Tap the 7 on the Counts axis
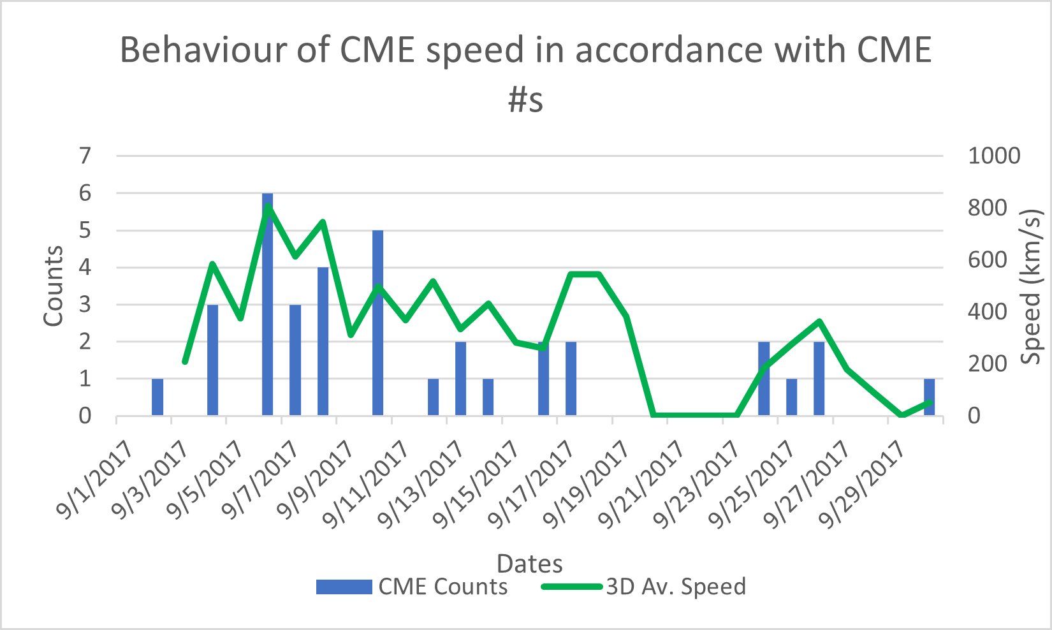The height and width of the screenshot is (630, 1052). pos(85,156)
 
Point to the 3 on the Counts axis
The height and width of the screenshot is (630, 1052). pos(85,304)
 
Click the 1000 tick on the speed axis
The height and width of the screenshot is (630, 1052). pos(994,156)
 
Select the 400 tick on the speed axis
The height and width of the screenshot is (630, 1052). pos(986,312)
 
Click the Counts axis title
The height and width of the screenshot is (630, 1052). pos(54,286)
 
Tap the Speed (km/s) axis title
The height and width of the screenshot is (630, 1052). pos(1030,286)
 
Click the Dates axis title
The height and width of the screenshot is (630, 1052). pos(529,564)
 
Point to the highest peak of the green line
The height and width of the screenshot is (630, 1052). pos(268,206)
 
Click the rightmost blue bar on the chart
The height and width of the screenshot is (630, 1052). pos(929,397)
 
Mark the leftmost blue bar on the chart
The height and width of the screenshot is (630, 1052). pos(157,397)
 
